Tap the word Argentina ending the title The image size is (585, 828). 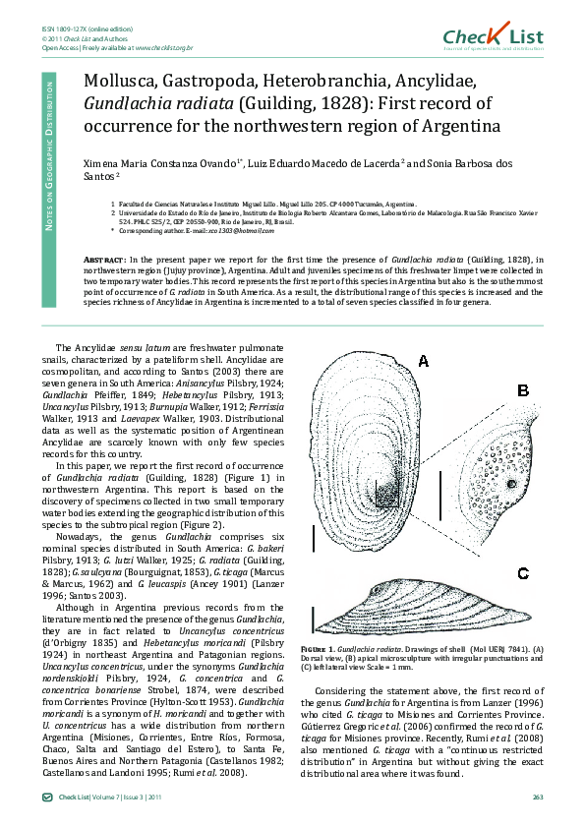point(455,125)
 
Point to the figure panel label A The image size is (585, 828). point(424,361)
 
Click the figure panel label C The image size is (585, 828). point(523,573)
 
